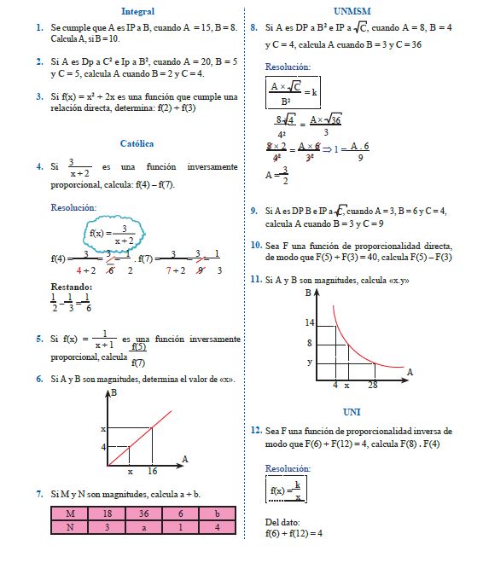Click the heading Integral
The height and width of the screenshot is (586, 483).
[138, 12]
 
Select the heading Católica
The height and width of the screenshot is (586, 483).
[137, 144]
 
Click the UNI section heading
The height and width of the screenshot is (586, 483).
[352, 412]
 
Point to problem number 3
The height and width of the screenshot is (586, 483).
[40, 96]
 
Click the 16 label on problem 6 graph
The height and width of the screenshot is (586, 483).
[153, 471]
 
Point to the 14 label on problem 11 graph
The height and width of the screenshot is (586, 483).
[309, 323]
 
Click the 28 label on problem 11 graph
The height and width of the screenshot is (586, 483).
[373, 386]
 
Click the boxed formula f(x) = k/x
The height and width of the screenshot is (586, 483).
[286, 490]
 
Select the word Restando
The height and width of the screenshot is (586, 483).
[71, 287]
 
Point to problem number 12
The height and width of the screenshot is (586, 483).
[256, 432]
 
